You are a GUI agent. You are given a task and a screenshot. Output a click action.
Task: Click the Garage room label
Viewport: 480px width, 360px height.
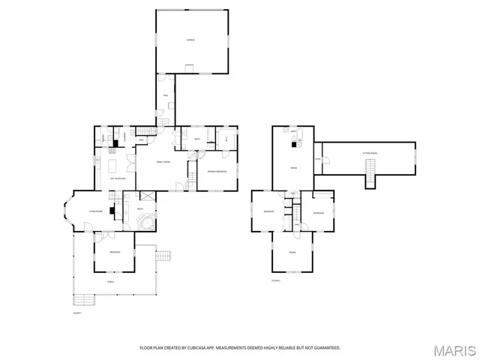pyautogui.click(x=190, y=40)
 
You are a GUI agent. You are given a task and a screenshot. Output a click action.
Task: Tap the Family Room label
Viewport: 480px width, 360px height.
pyautogui.click(x=163, y=162)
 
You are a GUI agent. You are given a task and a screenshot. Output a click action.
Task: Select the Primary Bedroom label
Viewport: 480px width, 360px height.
pyautogui.click(x=217, y=172)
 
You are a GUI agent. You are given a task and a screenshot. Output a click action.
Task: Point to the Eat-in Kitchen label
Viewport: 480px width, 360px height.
pyautogui.click(x=118, y=178)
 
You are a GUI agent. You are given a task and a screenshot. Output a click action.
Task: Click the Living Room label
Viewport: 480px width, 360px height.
pyautogui.click(x=95, y=211)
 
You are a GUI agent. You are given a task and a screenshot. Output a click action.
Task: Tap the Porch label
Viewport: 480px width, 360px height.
pyautogui.click(x=110, y=283)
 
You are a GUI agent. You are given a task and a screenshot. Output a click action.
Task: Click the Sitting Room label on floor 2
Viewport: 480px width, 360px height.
pyautogui.click(x=370, y=152)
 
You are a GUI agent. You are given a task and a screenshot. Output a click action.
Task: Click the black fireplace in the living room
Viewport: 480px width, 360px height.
pyautogui.click(x=111, y=211)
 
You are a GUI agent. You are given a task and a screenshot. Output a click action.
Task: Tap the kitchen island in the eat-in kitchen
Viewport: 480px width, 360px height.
pyautogui.click(x=113, y=164)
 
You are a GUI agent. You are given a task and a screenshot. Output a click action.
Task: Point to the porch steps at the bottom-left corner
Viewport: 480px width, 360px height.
pyautogui.click(x=83, y=301)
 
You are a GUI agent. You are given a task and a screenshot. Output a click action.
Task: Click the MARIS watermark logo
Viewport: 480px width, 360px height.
pyautogui.click(x=454, y=350)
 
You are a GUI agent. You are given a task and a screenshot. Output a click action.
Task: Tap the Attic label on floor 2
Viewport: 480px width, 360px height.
pyautogui.click(x=318, y=159)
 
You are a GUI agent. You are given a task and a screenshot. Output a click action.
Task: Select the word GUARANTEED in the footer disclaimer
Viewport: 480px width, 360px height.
pyautogui.click(x=326, y=348)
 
